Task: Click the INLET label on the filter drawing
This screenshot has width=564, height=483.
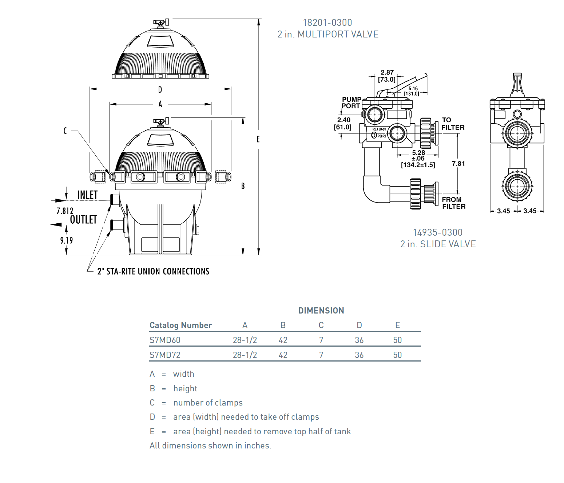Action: [87, 195]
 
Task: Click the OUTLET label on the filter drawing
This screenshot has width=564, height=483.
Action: [83, 219]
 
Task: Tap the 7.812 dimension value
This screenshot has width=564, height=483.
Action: [65, 211]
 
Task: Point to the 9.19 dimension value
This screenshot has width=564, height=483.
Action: [67, 240]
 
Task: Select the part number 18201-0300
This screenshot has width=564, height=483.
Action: [327, 22]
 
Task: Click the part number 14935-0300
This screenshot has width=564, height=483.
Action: [438, 232]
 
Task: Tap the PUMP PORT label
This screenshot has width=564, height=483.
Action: [351, 103]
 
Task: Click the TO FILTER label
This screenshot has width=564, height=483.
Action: [453, 124]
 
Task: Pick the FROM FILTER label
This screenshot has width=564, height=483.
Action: [454, 203]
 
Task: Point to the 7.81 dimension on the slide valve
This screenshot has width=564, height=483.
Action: [458, 164]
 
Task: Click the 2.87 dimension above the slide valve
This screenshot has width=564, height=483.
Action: [387, 72]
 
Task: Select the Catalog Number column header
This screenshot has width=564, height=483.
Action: [180, 325]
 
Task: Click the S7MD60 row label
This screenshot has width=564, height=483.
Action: [165, 340]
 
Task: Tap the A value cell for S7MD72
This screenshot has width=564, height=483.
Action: [245, 355]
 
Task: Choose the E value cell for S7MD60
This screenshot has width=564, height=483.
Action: [397, 340]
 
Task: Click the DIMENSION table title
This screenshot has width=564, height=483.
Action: [321, 310]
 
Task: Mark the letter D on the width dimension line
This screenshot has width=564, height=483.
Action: [160, 89]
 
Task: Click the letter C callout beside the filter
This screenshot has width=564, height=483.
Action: [65, 131]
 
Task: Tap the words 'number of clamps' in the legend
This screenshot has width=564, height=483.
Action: [208, 403]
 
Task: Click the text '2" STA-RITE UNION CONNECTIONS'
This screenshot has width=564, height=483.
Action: [153, 271]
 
